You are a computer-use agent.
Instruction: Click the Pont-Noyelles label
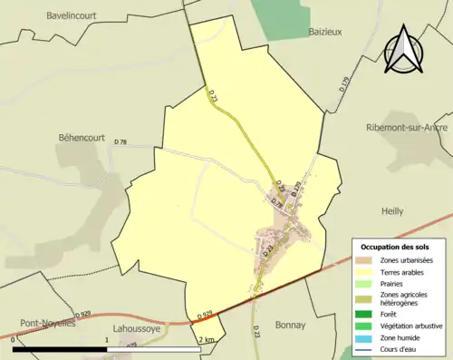coord(44,322)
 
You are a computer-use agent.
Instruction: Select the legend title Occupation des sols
coord(396,247)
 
